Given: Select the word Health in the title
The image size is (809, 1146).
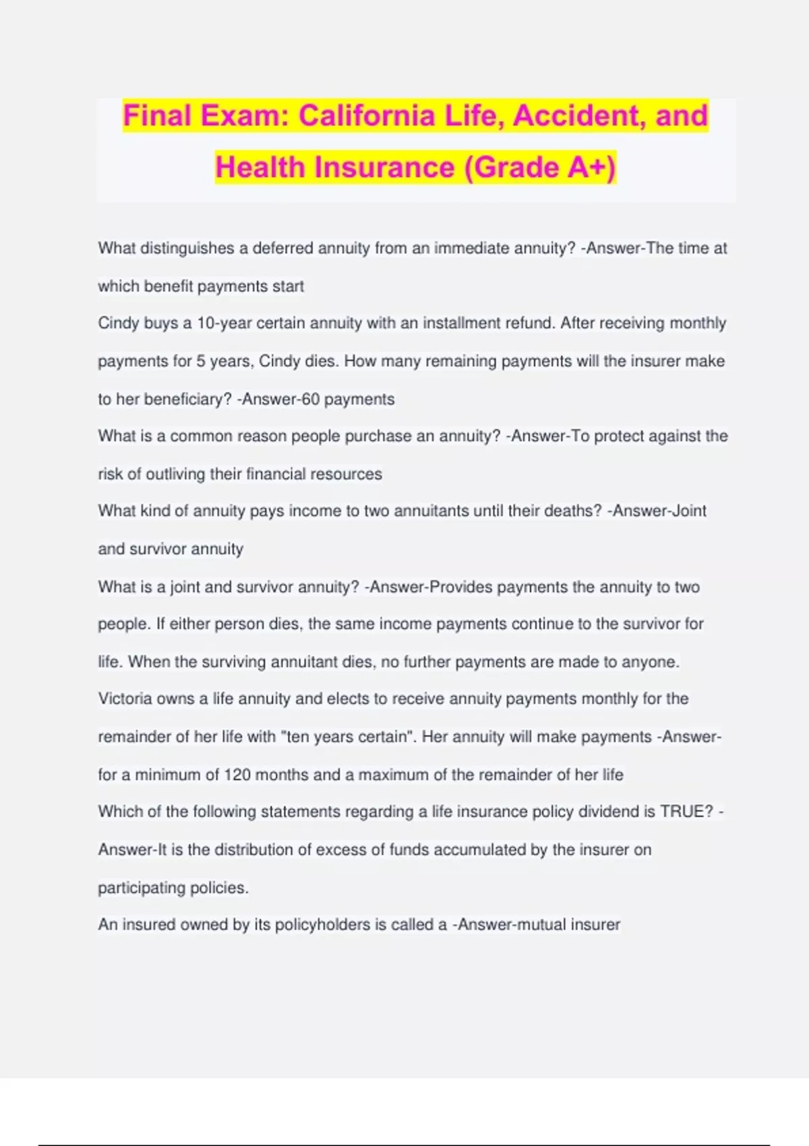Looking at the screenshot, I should coord(260,167).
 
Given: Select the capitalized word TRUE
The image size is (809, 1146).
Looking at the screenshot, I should coord(686,812).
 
